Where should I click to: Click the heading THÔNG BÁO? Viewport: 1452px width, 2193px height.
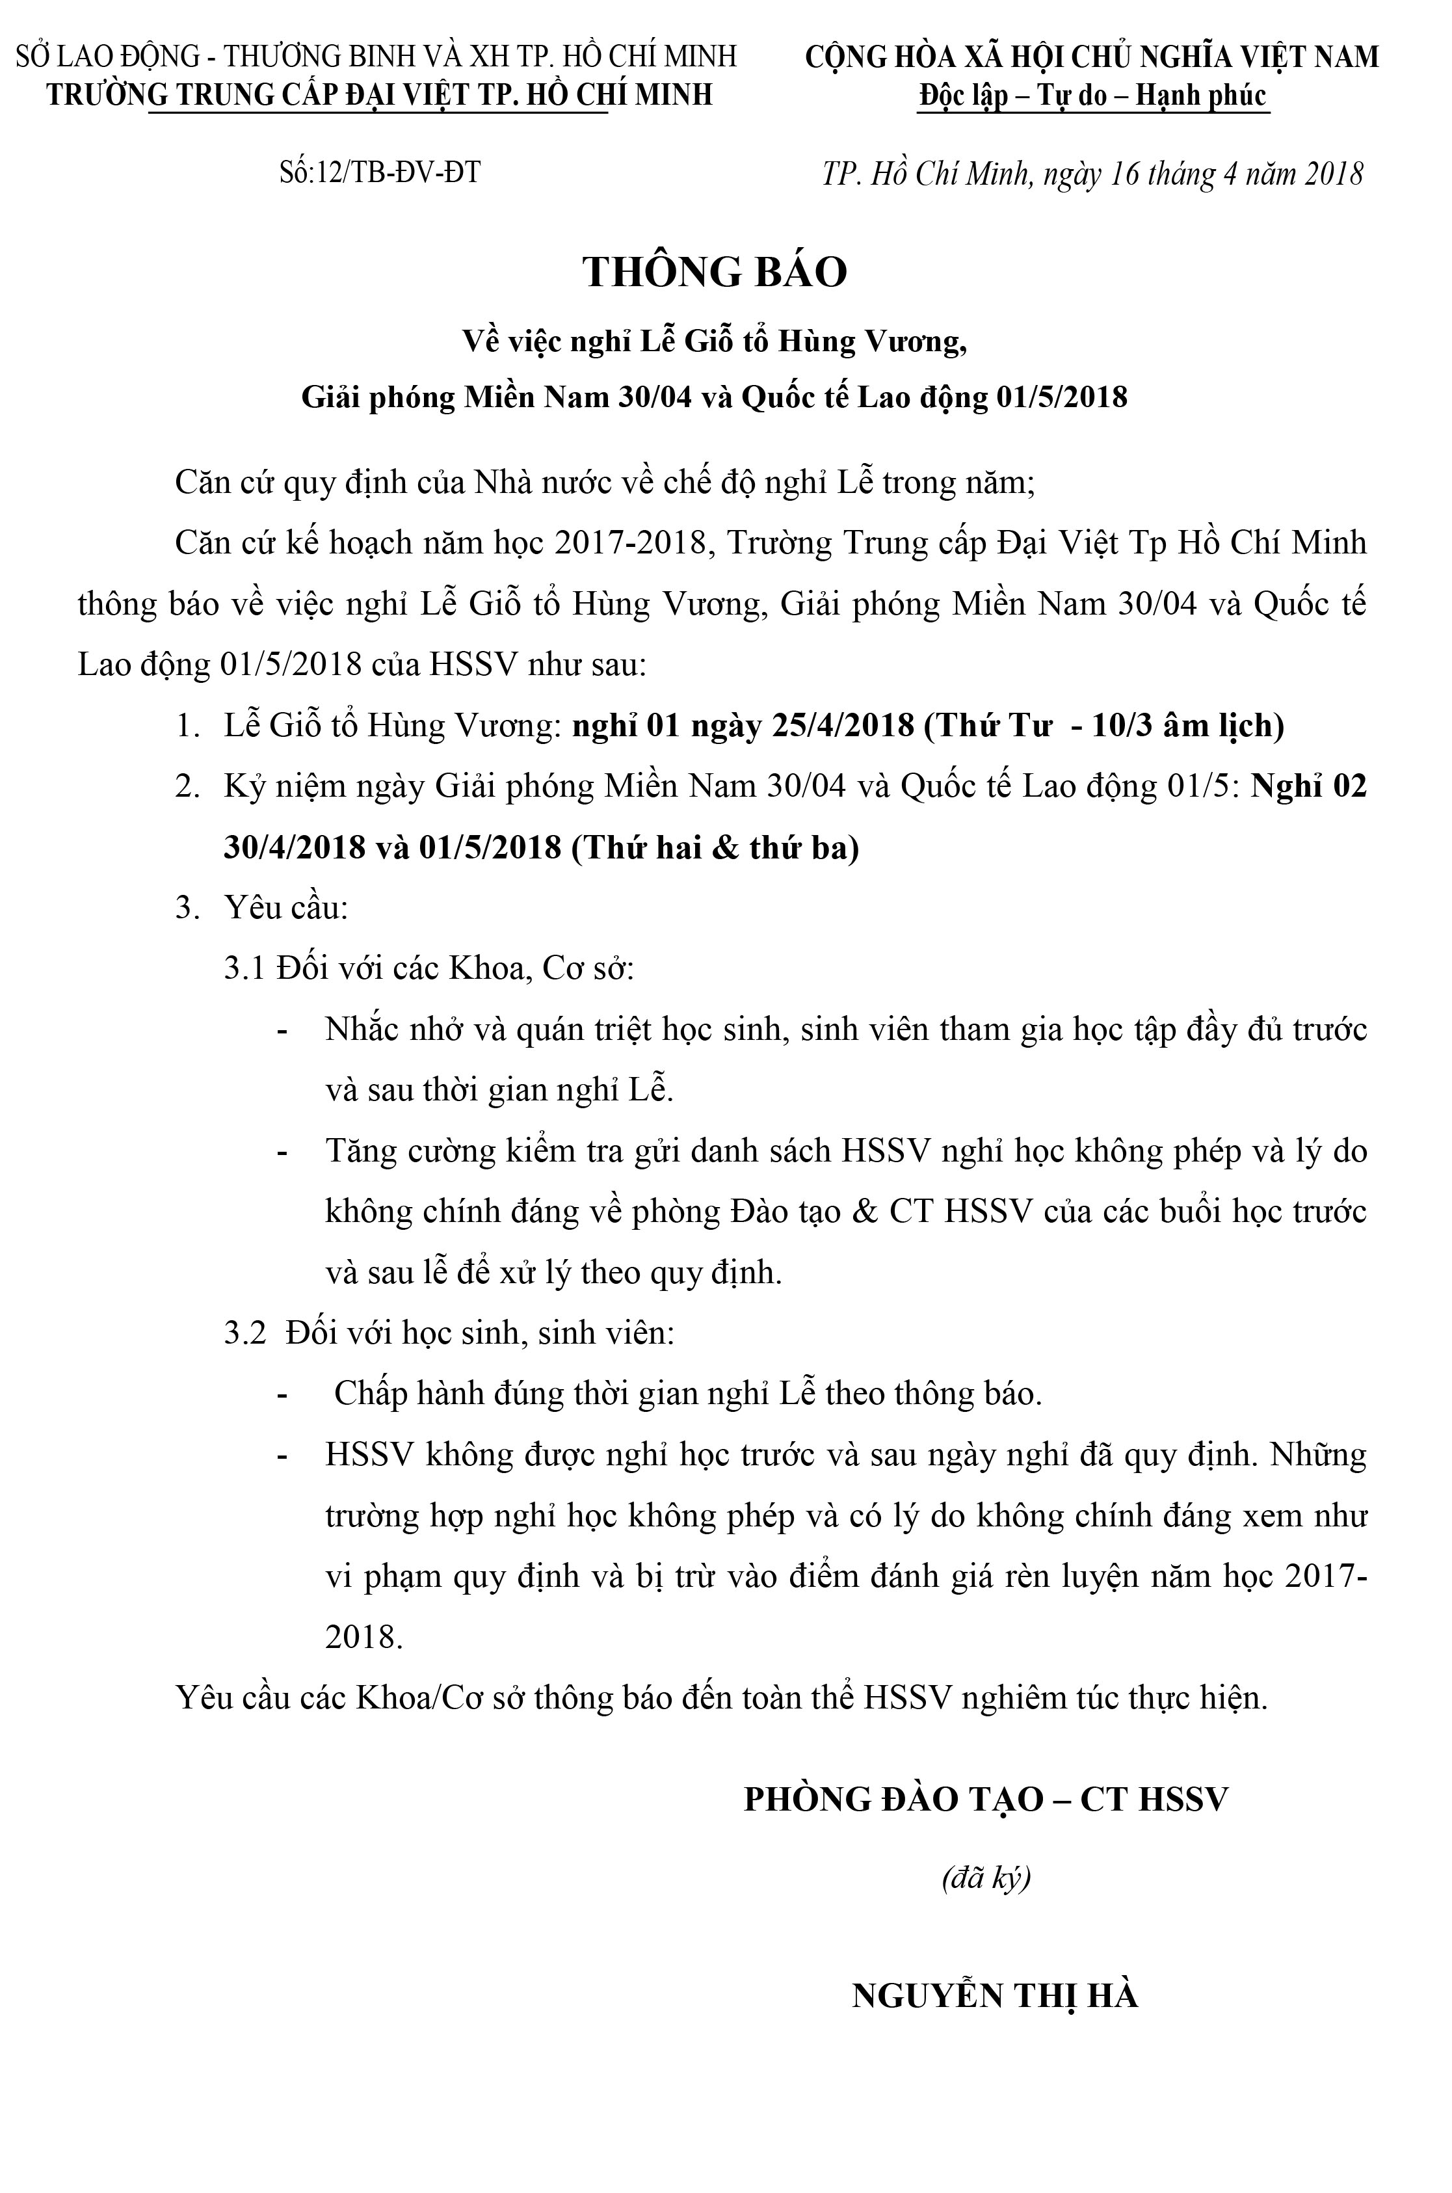tap(715, 272)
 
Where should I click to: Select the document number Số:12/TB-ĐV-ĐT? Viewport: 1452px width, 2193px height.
tap(380, 172)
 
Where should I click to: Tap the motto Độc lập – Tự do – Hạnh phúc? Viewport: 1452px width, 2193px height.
tap(1092, 96)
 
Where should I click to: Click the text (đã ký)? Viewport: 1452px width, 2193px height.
tap(985, 1878)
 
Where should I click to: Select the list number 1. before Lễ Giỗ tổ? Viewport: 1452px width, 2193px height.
tap(188, 726)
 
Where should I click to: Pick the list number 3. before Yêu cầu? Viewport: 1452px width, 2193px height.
tap(188, 909)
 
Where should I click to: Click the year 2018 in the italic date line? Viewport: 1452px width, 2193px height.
tap(1334, 173)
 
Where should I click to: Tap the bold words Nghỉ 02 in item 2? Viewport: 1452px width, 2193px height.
tap(1308, 786)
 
